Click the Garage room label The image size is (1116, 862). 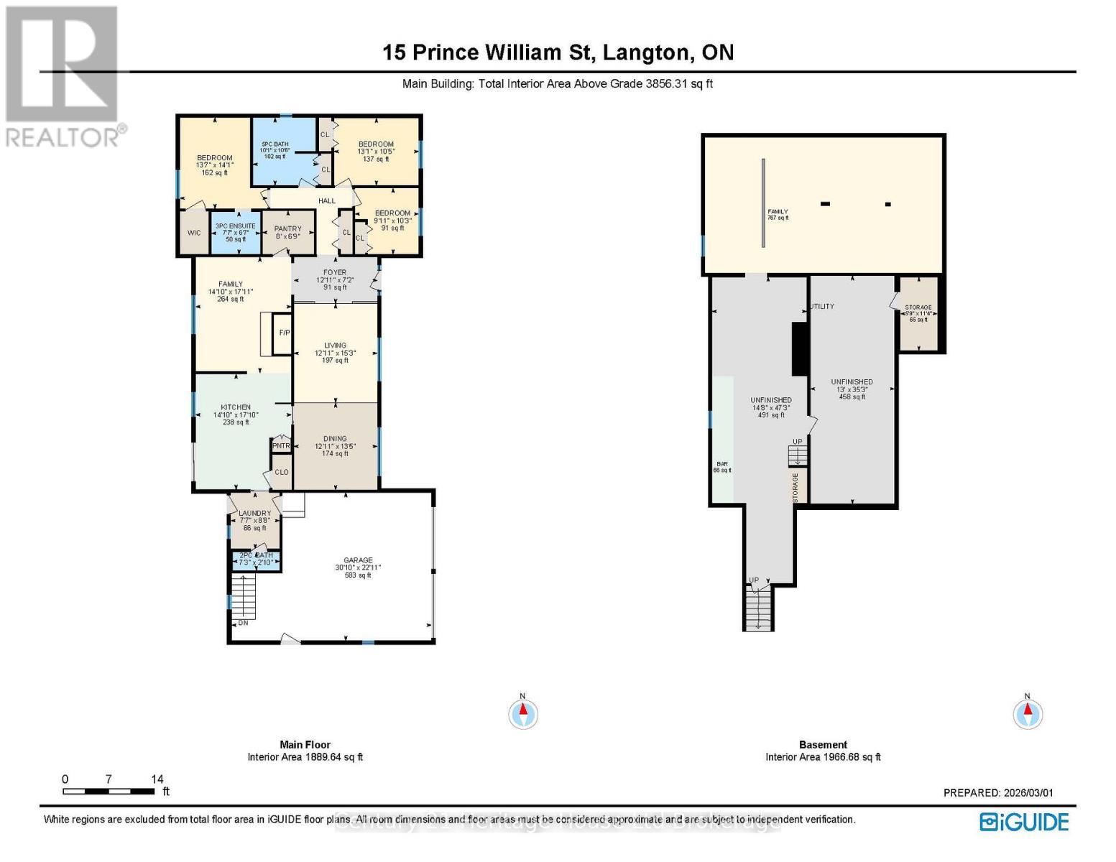point(358,560)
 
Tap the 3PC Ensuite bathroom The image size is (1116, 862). point(236,232)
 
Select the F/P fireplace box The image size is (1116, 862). point(284,333)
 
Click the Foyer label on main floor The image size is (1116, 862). point(335,273)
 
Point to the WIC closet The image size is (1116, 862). point(194,233)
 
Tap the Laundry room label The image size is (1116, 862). point(254,514)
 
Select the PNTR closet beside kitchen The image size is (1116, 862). point(281,446)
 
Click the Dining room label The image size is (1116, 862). point(335,439)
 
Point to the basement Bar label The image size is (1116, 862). point(721,465)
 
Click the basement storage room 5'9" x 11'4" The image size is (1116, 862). point(918,313)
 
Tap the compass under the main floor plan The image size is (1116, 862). point(523,713)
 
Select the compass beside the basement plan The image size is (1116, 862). point(1028,713)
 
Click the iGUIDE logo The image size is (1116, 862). point(1025,822)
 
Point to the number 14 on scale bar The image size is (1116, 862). point(157,779)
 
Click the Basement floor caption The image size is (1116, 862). point(823,745)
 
